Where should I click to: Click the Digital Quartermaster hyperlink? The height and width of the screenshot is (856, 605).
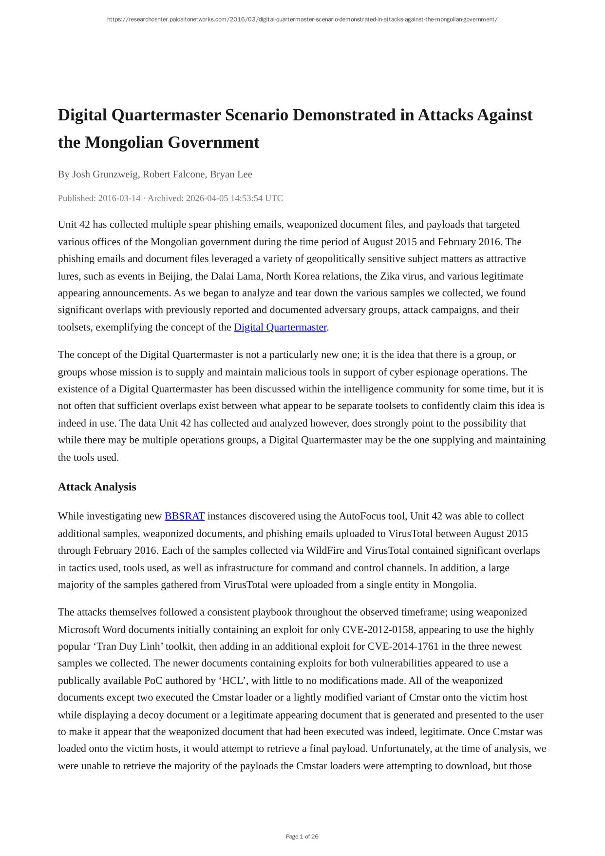(x=280, y=327)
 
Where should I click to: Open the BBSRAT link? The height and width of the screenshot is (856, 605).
(x=184, y=516)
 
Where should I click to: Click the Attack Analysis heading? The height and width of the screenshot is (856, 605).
(x=97, y=487)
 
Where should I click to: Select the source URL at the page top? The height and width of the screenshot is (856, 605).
(x=302, y=19)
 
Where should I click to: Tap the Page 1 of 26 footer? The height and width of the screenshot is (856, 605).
(x=302, y=837)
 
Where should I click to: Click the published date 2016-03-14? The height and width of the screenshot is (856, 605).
(x=119, y=198)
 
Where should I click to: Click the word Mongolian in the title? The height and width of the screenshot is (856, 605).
(x=124, y=142)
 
